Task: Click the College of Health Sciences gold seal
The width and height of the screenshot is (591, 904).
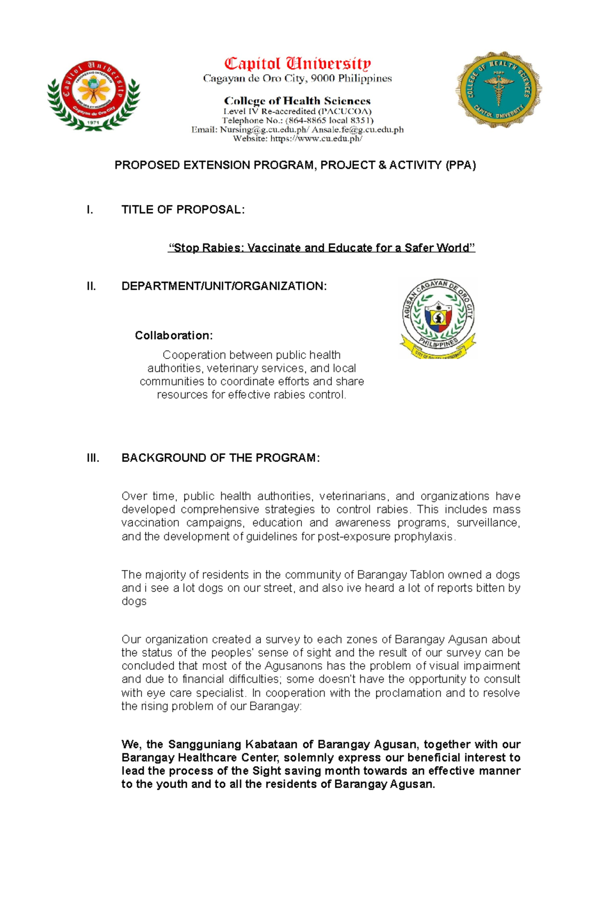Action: [498, 90]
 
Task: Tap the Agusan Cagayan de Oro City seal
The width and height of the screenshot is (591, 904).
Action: [438, 318]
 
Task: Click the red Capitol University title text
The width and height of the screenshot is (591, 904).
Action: [297, 64]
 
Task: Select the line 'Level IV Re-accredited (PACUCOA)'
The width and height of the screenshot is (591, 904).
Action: [297, 111]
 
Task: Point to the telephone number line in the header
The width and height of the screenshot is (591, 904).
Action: [297, 120]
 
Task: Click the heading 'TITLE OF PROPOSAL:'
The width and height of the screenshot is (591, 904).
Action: [183, 209]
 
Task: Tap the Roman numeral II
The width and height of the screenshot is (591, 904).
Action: [91, 286]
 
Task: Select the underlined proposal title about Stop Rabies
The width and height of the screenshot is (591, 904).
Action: [322, 248]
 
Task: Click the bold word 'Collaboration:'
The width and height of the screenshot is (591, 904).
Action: [174, 335]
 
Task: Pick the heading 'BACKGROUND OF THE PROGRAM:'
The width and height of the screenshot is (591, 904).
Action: [221, 458]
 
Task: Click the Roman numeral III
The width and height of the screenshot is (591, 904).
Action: [93, 458]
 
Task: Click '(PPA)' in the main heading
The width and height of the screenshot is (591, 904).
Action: [460, 165]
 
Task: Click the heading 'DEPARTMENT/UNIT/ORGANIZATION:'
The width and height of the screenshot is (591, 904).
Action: [224, 286]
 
